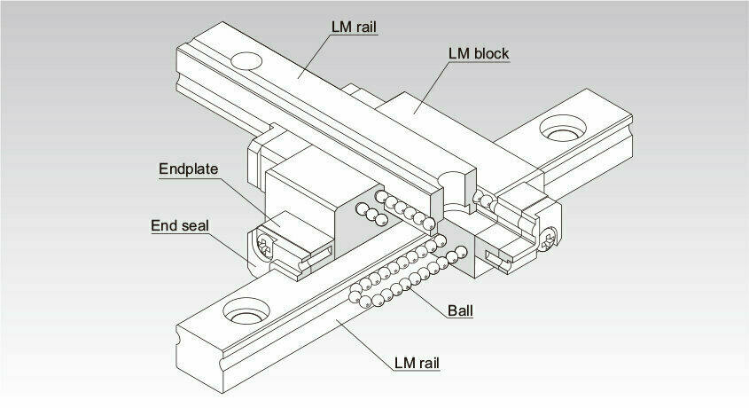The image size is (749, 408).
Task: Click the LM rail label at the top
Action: point(354,27)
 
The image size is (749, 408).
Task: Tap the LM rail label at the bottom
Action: point(417,363)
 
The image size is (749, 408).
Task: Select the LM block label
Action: point(479,53)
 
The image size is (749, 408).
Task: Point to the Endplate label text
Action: point(188,169)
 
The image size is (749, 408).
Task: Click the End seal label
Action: point(180,225)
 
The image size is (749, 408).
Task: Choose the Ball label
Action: point(460,311)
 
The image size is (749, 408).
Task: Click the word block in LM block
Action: point(491,53)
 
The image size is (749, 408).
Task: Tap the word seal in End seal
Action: point(196,225)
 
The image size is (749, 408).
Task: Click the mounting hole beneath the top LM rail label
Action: point(246,60)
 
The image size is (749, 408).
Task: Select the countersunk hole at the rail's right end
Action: point(563,128)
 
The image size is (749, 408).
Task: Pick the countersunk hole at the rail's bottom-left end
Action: point(246,310)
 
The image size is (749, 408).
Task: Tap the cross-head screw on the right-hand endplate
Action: point(549,239)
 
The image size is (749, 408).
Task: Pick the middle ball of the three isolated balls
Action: point(371,215)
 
